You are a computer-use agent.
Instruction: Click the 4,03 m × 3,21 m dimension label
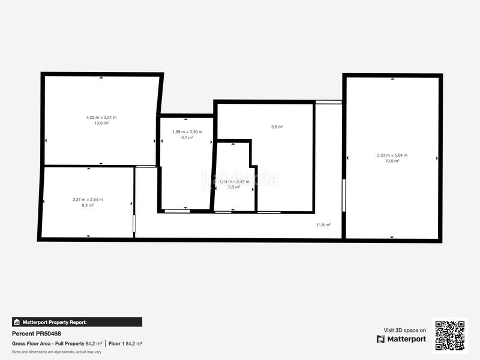coord(101,117)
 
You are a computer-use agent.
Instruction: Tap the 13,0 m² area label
coord(101,123)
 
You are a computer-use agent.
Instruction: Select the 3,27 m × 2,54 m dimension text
coord(88,199)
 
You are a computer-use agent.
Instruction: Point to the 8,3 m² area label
coord(88,205)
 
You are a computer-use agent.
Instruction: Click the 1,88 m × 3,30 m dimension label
coord(187,131)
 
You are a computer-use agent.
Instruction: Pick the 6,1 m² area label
coord(187,137)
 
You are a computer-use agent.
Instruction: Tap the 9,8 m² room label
coord(277,127)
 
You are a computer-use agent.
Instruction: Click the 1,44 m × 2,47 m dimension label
coord(234,181)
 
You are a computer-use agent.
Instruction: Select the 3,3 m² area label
coord(234,187)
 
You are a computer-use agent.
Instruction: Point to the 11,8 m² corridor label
coord(323,225)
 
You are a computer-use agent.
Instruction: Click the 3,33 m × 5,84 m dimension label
coord(392,155)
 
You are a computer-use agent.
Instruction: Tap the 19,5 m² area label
coord(392,161)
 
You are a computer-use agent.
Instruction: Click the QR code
coord(449,335)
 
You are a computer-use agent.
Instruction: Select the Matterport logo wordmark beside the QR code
coord(401,339)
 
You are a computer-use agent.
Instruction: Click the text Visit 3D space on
coord(405,330)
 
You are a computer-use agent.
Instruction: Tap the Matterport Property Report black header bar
coord(77,322)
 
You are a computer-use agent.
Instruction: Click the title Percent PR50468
coord(37,334)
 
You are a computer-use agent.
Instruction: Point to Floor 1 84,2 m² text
coord(125,344)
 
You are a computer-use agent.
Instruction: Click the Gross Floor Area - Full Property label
coord(48,344)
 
